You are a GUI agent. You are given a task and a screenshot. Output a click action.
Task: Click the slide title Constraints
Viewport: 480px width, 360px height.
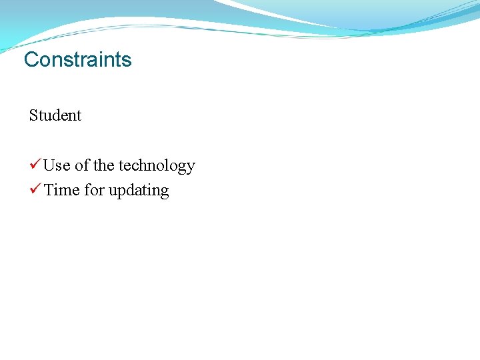pos(78,59)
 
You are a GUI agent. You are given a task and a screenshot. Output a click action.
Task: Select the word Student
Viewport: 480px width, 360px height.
pos(55,115)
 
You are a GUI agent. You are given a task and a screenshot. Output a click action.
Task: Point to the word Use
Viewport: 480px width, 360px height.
pos(57,165)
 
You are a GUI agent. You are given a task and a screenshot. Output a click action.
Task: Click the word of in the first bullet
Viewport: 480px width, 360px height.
pos(82,165)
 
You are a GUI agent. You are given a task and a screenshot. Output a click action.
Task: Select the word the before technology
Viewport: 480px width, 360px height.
pos(103,165)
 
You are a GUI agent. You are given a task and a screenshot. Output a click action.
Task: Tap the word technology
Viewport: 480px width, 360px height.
pos(157,166)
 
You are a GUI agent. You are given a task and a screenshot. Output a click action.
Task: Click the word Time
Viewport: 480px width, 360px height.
pos(61,190)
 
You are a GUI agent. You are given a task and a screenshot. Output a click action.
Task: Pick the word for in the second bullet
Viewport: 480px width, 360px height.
pos(95,190)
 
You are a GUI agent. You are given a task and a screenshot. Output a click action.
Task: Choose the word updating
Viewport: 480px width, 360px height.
pos(139,191)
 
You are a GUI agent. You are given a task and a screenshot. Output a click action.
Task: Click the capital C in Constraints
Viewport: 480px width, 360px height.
pos(31,59)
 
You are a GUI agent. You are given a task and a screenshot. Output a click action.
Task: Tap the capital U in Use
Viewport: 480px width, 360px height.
pos(49,165)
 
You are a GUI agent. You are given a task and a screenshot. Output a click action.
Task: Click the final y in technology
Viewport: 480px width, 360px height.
pos(191,167)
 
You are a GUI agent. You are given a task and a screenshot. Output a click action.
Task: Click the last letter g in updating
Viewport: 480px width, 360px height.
pos(165,192)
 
